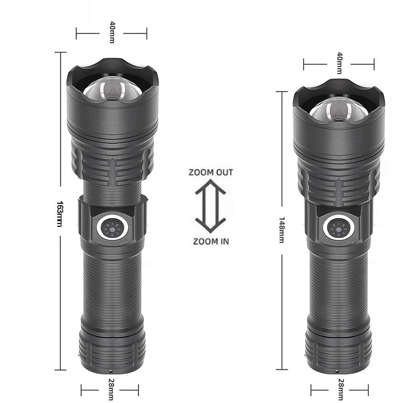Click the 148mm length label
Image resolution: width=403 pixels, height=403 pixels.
point(282,230)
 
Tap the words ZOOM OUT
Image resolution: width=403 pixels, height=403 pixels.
point(211,172)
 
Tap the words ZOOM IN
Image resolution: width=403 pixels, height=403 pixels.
point(211,241)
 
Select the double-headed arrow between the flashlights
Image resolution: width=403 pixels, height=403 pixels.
point(210,206)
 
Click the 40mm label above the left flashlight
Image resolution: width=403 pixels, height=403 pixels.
point(112,32)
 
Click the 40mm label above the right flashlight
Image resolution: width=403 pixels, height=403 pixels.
point(339,63)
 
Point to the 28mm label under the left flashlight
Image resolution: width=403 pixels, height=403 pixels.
point(111,389)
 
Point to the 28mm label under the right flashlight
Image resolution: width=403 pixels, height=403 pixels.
point(341,389)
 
